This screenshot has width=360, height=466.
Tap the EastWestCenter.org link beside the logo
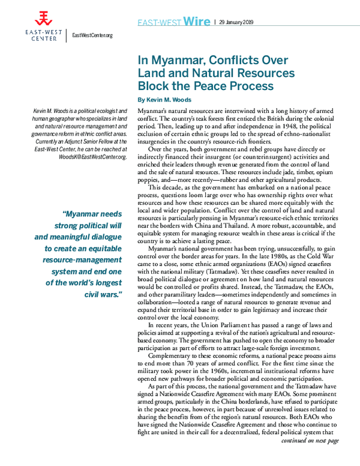pyautogui.click(x=92, y=35)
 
